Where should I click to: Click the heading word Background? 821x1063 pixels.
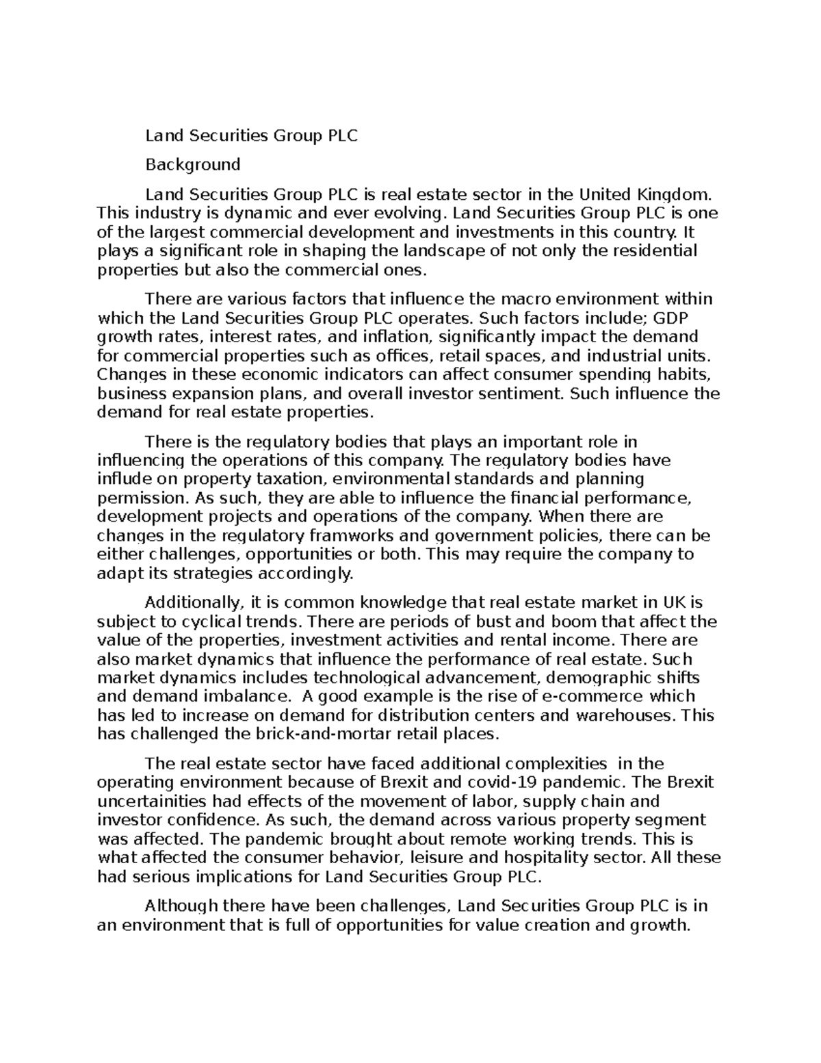[192, 164]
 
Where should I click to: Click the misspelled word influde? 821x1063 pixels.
[124, 478]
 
